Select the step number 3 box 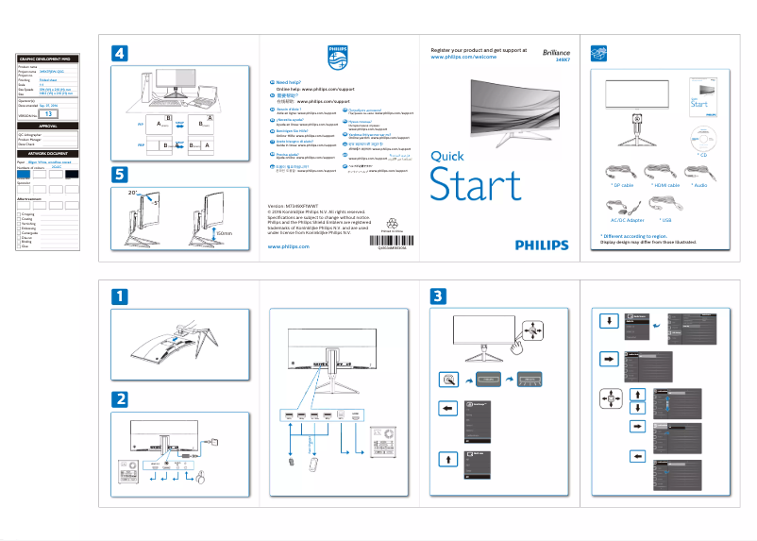(x=439, y=296)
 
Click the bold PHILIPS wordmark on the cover (x=542, y=245)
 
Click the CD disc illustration (x=703, y=134)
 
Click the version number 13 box (x=49, y=113)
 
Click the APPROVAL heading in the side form (x=48, y=126)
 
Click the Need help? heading (x=288, y=83)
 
